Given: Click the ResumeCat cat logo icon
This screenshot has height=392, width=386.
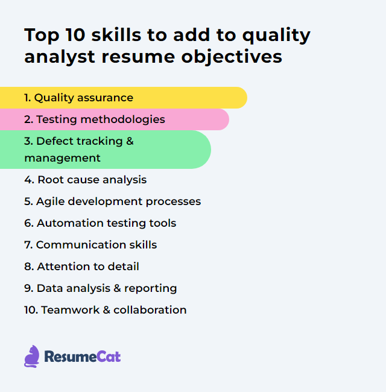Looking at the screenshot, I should pyautogui.click(x=31, y=356).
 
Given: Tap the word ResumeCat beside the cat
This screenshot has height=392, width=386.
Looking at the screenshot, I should pyautogui.click(x=82, y=357).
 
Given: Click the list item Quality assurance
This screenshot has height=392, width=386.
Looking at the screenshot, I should pyautogui.click(x=78, y=98).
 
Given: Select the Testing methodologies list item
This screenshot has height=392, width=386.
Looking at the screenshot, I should pyautogui.click(x=94, y=119).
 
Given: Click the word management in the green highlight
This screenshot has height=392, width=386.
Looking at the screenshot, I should pyautogui.click(x=62, y=158).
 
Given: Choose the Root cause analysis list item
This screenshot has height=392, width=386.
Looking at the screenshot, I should pyautogui.click(x=85, y=180).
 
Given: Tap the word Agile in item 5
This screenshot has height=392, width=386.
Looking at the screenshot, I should pyautogui.click(x=50, y=201).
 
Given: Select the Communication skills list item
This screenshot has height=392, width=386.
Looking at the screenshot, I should pyautogui.click(x=90, y=245).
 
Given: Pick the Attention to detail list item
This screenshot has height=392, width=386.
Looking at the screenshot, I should pyautogui.click(x=81, y=267).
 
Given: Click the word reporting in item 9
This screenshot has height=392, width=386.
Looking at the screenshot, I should pyautogui.click(x=151, y=288).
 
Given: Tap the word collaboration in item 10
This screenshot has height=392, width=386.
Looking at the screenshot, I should pyautogui.click(x=150, y=310).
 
